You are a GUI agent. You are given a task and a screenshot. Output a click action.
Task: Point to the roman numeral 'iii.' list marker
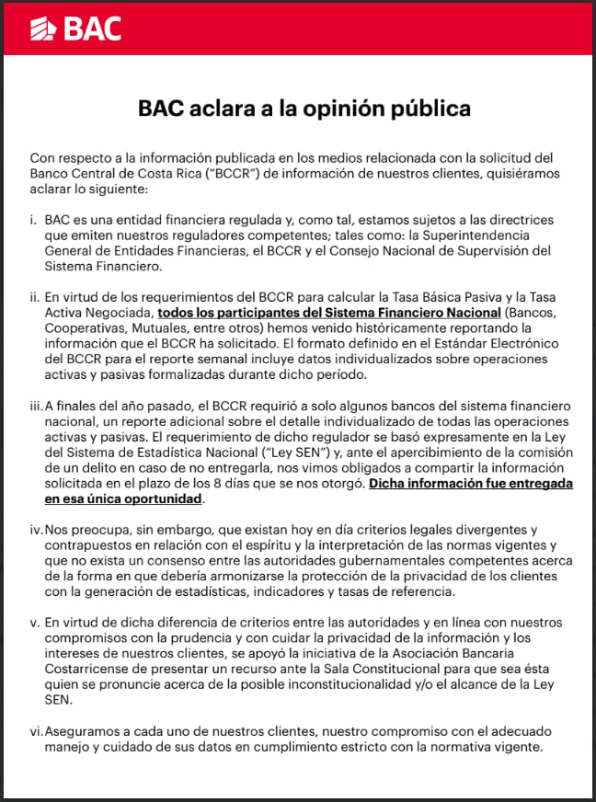(x=36, y=407)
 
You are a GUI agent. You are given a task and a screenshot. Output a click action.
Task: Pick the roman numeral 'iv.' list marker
(x=36, y=530)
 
